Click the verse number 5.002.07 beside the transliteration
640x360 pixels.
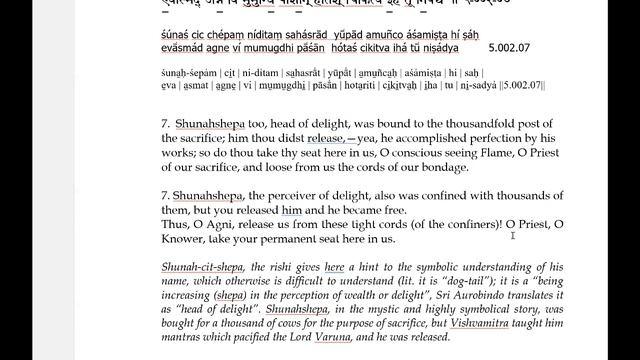coord(511,47)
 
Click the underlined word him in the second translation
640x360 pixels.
coord(291,211)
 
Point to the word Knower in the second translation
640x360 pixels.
coord(183,239)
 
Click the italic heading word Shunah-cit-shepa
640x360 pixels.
coord(197,268)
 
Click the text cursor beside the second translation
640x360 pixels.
coord(512,235)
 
